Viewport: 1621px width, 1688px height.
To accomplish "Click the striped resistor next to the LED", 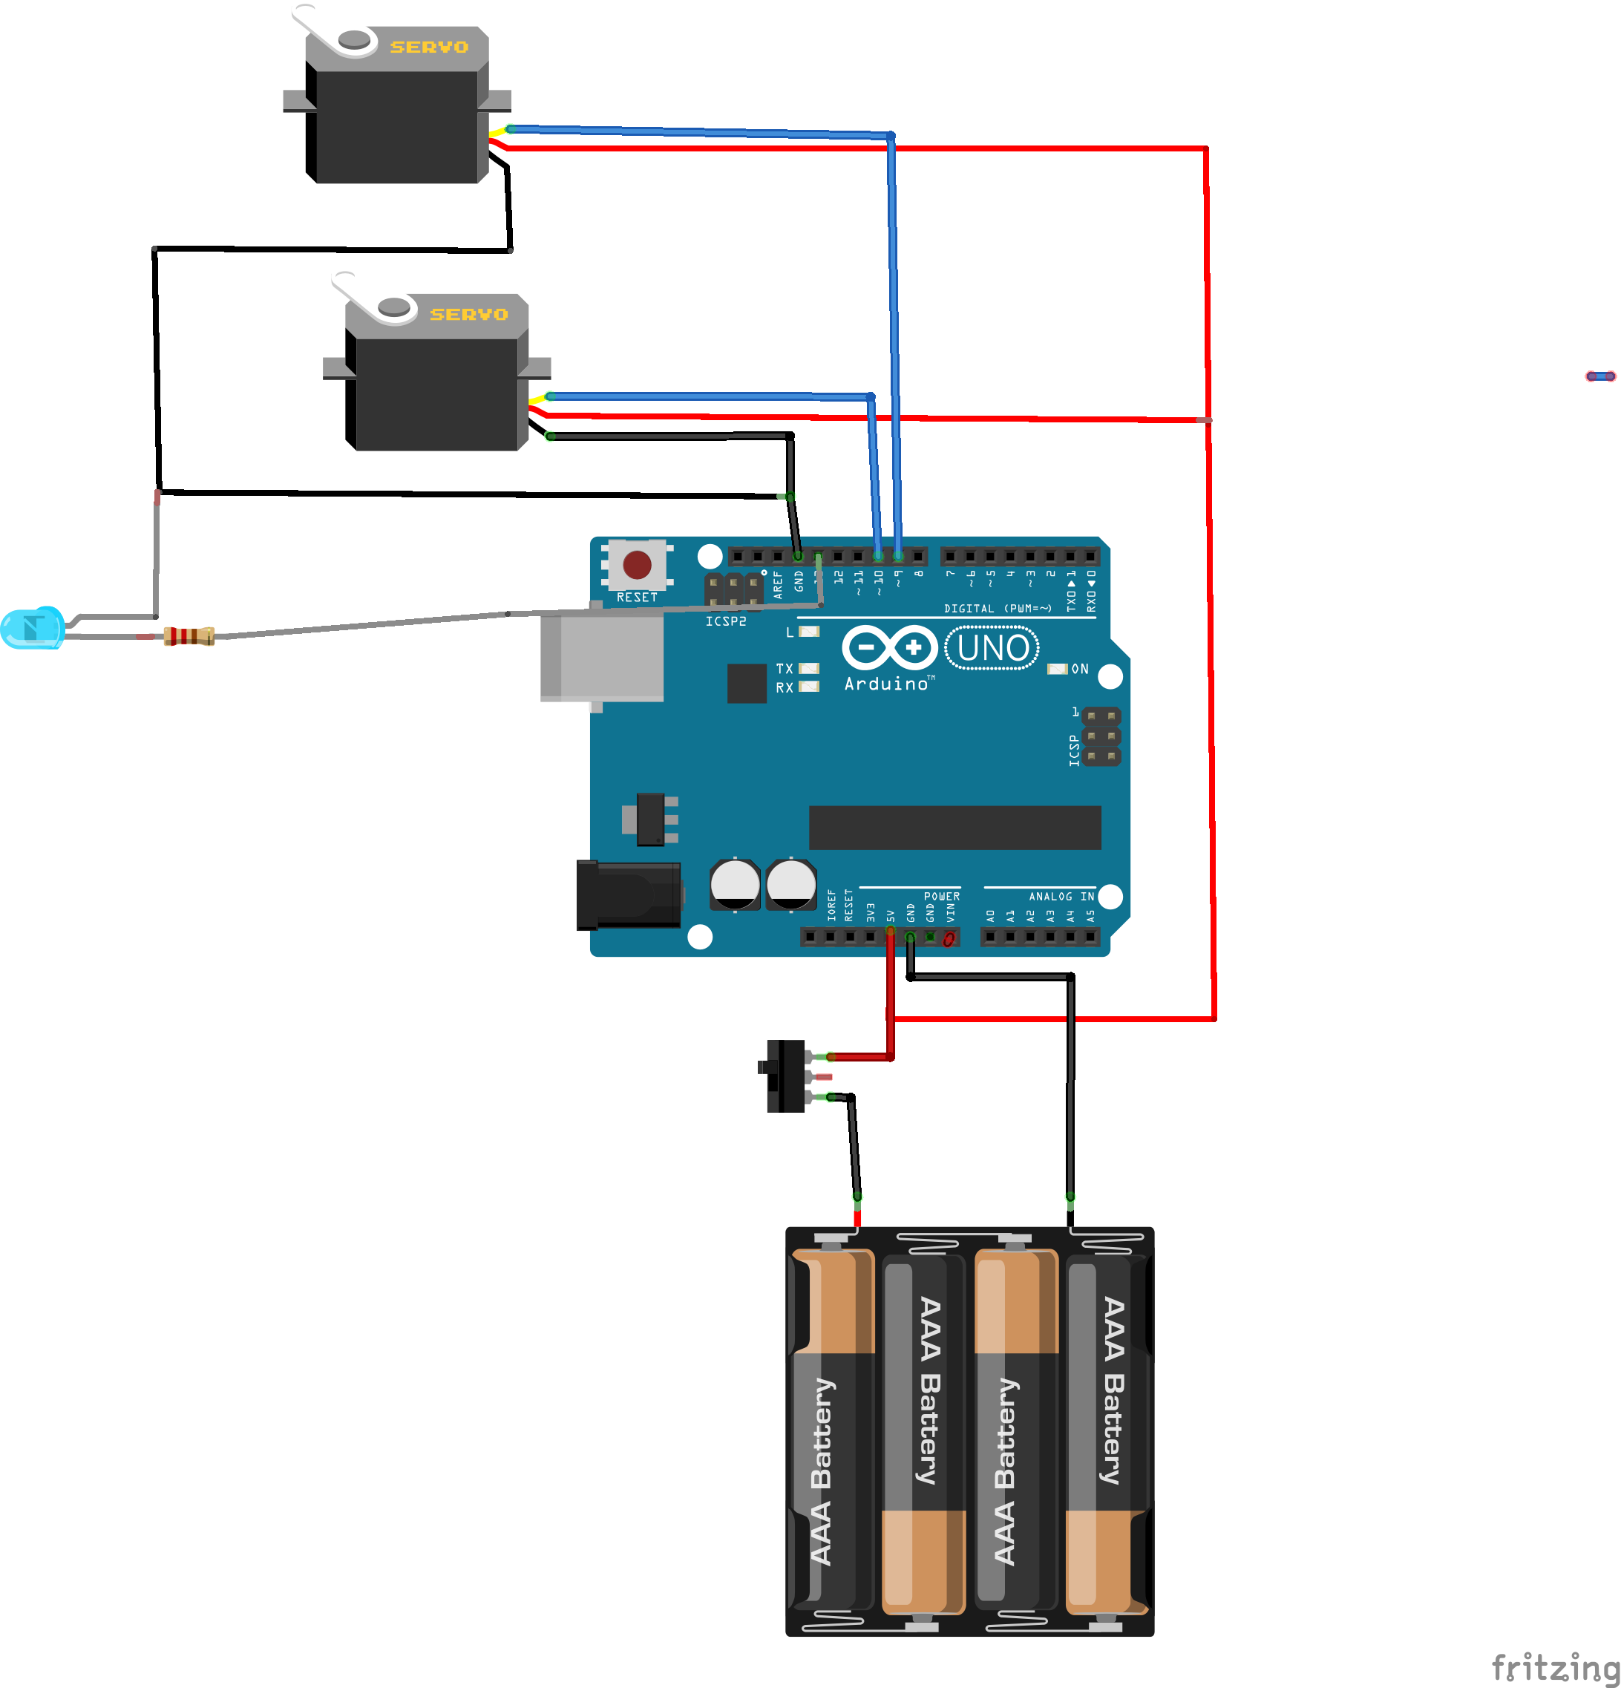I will tap(189, 636).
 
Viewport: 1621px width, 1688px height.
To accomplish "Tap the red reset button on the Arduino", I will tap(637, 565).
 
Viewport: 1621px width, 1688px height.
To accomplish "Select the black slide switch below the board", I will tap(785, 1076).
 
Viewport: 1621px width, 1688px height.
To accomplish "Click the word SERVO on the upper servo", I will tap(429, 48).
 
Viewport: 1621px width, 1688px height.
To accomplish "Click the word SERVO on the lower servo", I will tap(468, 314).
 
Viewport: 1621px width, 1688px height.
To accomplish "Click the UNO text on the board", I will tap(992, 647).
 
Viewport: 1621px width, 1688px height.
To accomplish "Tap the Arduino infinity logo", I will tap(889, 647).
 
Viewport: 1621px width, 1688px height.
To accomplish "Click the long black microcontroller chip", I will tap(954, 827).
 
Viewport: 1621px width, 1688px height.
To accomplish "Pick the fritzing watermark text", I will tap(1555, 1666).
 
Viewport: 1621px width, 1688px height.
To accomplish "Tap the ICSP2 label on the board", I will tap(725, 621).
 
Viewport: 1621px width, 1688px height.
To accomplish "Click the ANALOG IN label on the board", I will tap(1061, 897).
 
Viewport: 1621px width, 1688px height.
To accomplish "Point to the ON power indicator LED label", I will tap(1079, 669).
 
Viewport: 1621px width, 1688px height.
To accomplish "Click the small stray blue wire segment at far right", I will tap(1600, 376).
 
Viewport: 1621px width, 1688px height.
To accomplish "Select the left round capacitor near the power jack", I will tap(735, 883).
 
